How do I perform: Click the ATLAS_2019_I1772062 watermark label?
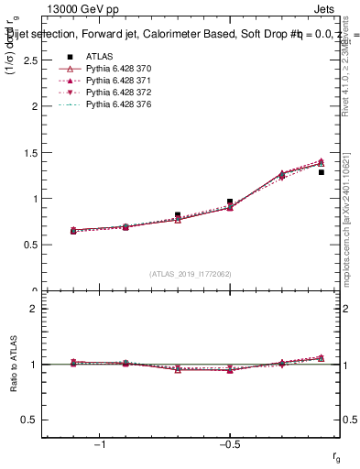[x=191, y=273]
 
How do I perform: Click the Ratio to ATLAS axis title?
[x=12, y=364]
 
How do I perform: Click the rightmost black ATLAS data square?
[x=322, y=171]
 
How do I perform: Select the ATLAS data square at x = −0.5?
[x=230, y=202]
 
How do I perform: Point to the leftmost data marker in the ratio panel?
[x=73, y=363]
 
